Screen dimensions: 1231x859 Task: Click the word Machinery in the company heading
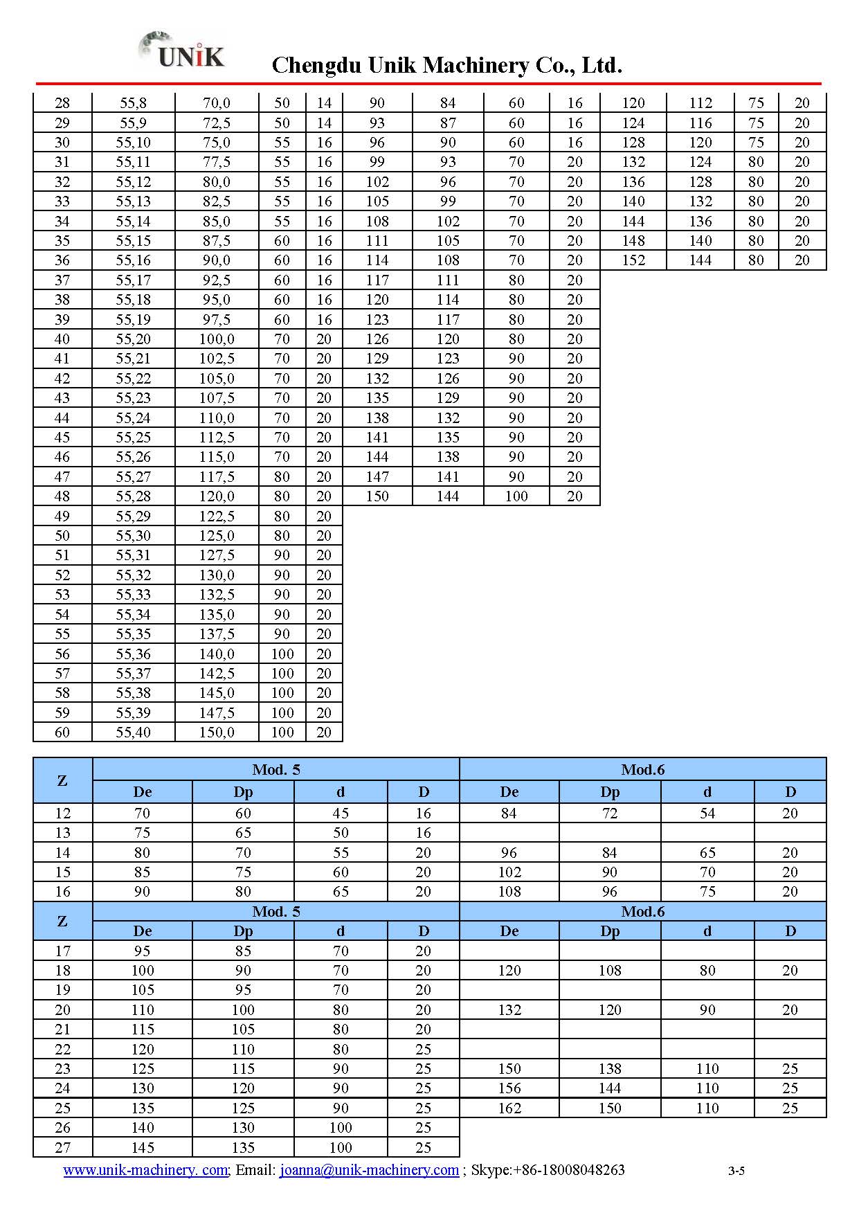[475, 65]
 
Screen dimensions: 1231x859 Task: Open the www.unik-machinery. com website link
[145, 1169]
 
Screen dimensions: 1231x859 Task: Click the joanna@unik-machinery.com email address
[369, 1169]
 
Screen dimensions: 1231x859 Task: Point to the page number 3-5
[736, 1171]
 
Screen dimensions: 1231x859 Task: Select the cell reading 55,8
[133, 103]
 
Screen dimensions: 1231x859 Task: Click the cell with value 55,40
[133, 732]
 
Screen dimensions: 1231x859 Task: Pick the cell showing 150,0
[217, 732]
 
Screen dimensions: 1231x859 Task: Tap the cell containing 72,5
[217, 123]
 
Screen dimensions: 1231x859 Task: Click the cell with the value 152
[633, 260]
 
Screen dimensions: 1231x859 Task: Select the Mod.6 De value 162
[509, 1108]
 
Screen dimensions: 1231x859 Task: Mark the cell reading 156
[509, 1088]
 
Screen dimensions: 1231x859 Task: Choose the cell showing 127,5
[217, 555]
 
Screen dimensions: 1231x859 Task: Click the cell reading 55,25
[133, 437]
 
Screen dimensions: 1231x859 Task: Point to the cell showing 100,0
[217, 339]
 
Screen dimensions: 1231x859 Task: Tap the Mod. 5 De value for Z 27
[142, 1147]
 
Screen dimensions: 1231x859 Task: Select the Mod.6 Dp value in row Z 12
[610, 813]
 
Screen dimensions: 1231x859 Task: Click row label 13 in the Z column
[62, 832]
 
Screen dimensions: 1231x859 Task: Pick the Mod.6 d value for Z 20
[707, 1009]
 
